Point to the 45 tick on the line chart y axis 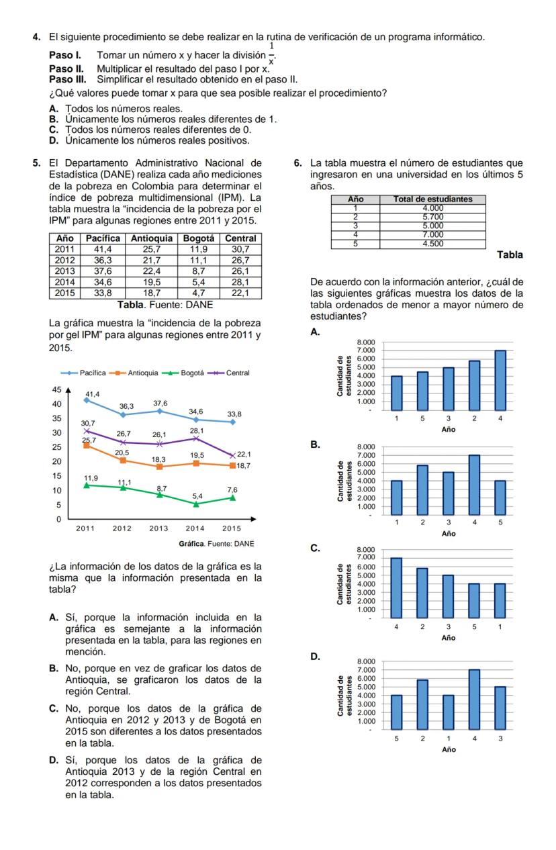coord(57,389)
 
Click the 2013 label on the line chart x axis coord(158,528)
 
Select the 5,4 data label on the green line coord(197,495)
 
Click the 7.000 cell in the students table coord(432,235)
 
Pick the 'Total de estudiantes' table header coord(432,199)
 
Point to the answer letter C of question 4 coord(53,130)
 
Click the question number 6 coord(299,162)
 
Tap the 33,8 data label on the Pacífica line coord(234,414)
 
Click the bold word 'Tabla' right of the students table coord(510,255)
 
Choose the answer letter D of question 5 coord(53,760)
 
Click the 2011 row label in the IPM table coord(64,248)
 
